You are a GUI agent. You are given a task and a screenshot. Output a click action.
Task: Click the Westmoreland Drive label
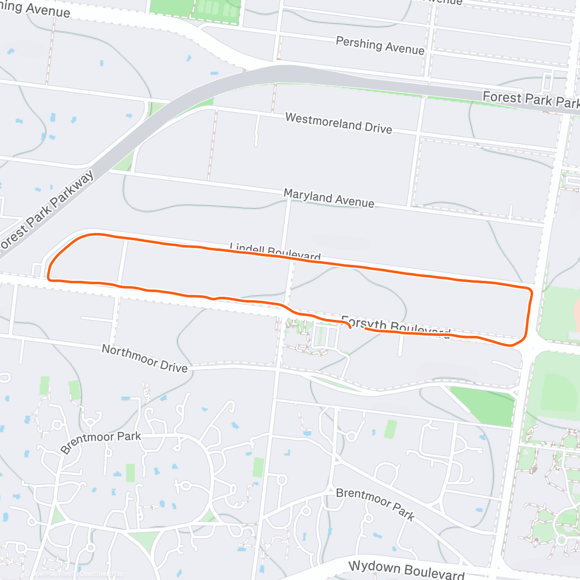click(x=338, y=123)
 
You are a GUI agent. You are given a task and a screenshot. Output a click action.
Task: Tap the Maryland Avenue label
click(x=329, y=198)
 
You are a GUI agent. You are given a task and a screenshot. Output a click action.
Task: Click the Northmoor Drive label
click(x=145, y=358)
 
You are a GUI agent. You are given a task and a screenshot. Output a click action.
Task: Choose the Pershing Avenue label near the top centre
click(x=380, y=46)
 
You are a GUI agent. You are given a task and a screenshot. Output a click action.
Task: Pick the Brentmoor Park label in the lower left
click(x=101, y=442)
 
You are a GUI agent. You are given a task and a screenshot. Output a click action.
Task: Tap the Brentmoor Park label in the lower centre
click(x=375, y=504)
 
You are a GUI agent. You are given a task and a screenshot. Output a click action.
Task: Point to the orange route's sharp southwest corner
click(x=49, y=279)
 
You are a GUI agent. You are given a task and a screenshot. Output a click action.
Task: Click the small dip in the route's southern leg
click(x=213, y=299)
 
